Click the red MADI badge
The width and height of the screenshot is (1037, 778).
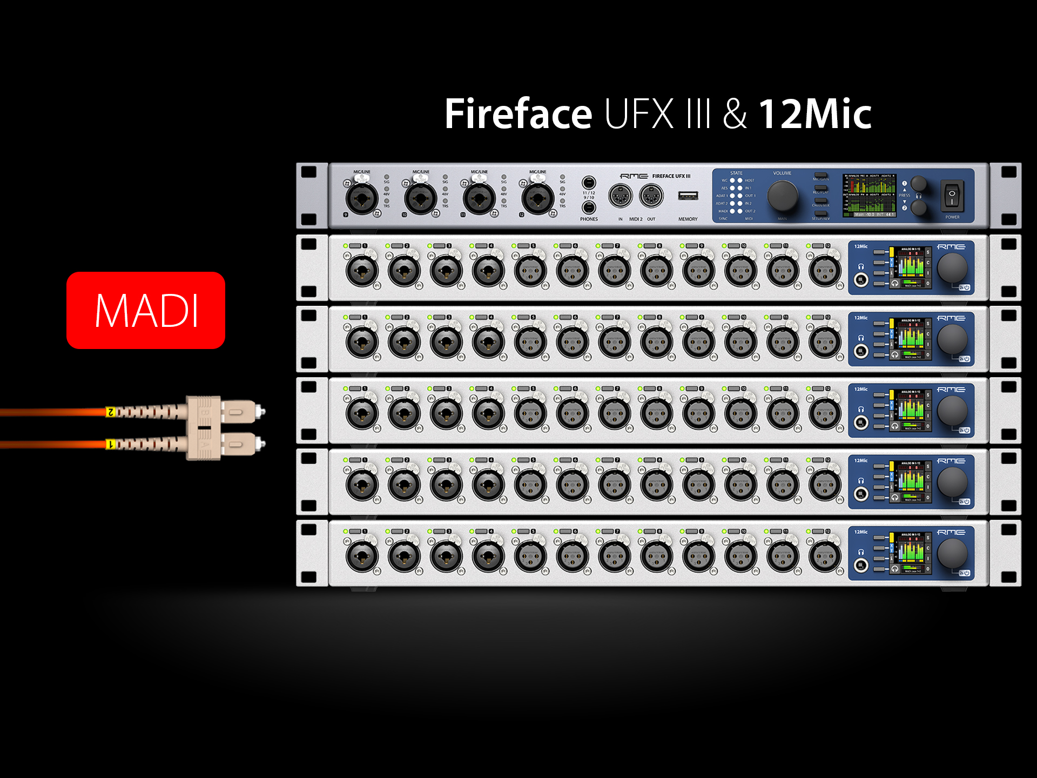pos(146,310)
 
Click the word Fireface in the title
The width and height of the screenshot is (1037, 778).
pos(518,114)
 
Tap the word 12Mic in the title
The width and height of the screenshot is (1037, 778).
pos(815,114)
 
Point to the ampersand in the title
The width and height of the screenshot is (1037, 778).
pos(735,114)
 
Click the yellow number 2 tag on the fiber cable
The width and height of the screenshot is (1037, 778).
pos(111,412)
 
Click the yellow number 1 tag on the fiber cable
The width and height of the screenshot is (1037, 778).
pos(111,444)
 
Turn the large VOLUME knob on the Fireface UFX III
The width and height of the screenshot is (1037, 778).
pos(782,196)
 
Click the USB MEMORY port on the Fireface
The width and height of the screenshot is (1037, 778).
pos(688,196)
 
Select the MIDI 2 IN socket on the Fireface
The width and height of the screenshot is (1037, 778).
pos(620,196)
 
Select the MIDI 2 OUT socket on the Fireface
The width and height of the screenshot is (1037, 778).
pos(651,196)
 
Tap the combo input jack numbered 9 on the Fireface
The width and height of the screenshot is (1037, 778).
pos(362,198)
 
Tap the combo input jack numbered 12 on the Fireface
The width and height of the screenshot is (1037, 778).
pos(537,198)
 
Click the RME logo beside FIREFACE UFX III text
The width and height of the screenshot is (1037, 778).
pos(634,176)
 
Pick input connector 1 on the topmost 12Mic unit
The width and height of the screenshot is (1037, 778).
pos(362,270)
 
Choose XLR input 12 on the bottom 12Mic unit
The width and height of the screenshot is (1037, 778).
pos(825,556)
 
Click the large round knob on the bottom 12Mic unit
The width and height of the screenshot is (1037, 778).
pos(952,553)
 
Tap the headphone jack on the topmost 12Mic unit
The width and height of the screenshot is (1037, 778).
pos(861,280)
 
